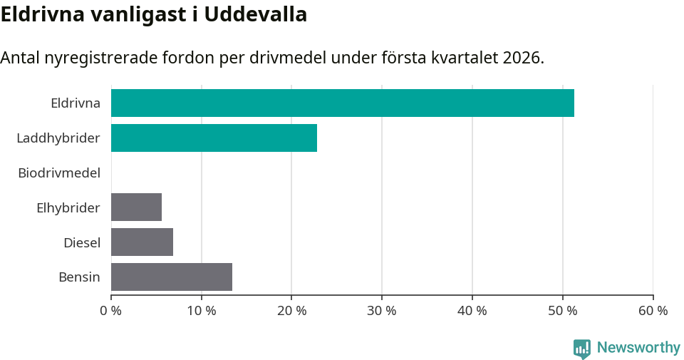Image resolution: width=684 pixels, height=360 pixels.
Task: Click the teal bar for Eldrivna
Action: [x=342, y=103]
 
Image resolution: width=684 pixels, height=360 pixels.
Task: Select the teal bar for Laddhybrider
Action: [x=214, y=138]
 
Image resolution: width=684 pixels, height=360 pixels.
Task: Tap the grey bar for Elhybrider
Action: [x=136, y=207]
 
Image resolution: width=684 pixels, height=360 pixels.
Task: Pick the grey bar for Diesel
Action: [x=142, y=242]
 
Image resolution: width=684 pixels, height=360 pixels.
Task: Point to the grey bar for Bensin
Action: [x=171, y=277]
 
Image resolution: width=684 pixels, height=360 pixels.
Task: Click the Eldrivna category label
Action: [x=75, y=103]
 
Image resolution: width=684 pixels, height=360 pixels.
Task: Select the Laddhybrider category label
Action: [x=58, y=138]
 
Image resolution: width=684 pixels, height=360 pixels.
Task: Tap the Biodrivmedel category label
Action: [x=59, y=173]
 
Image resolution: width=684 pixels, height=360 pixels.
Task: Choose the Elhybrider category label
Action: [x=68, y=207]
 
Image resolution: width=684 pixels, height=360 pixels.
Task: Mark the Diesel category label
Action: [x=81, y=242]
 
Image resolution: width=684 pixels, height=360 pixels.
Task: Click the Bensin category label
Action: [x=79, y=277]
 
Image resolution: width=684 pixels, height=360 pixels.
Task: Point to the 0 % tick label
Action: [x=111, y=311]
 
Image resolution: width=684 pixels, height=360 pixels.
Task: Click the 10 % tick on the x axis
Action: [x=202, y=311]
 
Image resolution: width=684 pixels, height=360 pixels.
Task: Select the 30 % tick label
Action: [x=382, y=311]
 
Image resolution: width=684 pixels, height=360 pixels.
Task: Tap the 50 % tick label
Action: [x=563, y=311]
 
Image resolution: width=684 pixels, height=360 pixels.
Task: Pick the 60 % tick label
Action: [x=653, y=311]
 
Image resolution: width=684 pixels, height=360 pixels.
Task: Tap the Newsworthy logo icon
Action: [x=582, y=348]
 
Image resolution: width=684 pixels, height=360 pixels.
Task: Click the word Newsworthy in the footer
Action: [x=638, y=348]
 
